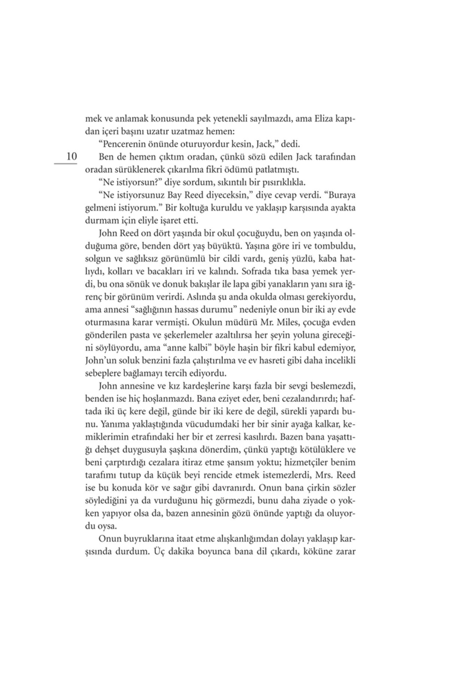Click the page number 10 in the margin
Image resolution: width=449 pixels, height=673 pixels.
point(71,157)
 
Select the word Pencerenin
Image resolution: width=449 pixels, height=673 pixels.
point(124,144)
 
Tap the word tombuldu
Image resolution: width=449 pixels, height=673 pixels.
point(335,247)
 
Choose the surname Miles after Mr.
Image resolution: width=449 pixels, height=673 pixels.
point(282,322)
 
